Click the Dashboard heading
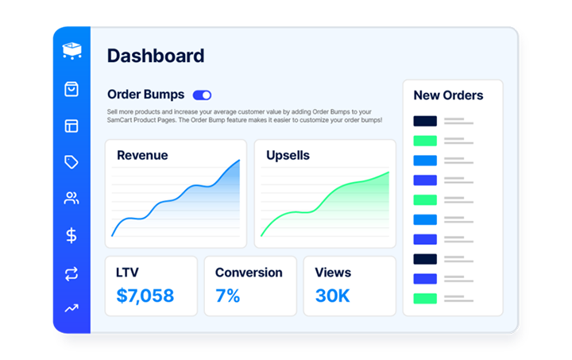click(x=156, y=56)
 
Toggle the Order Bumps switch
click(x=202, y=95)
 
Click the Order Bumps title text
click(x=145, y=95)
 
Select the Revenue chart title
click(x=142, y=155)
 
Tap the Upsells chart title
click(x=288, y=155)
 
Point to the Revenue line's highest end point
click(x=239, y=161)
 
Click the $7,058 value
click(x=145, y=296)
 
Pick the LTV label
click(x=127, y=273)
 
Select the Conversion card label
click(x=249, y=273)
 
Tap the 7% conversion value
click(x=227, y=296)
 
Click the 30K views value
click(x=332, y=296)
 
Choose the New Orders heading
click(x=448, y=95)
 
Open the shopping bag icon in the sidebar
click(x=71, y=89)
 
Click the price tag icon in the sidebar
click(x=71, y=162)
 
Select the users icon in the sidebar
click(x=71, y=199)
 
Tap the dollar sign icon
click(x=71, y=235)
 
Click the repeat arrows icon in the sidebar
click(x=71, y=273)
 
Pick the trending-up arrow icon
click(x=71, y=308)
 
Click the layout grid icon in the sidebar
click(x=71, y=126)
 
